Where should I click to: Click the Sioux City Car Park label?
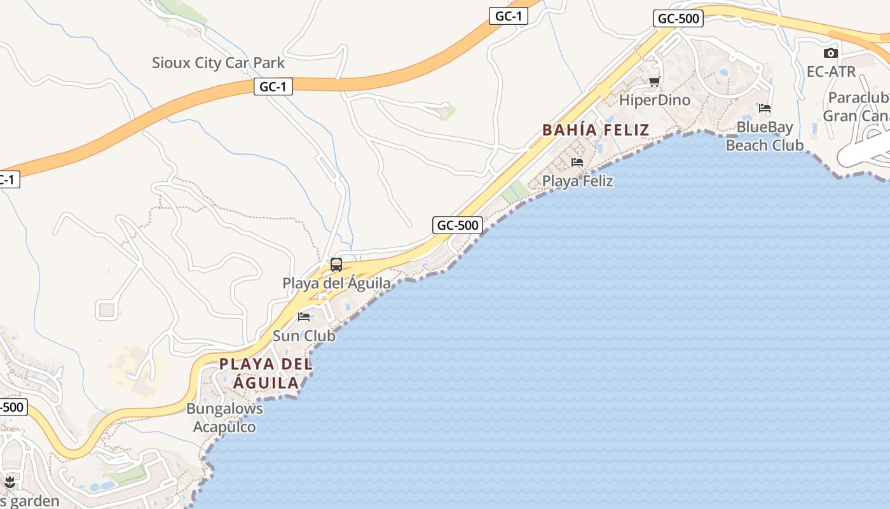tap(218, 63)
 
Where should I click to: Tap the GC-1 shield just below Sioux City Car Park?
tap(273, 87)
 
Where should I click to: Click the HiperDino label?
tap(654, 101)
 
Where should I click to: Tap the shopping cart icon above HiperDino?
tap(654, 81)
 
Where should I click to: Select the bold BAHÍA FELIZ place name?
tap(596, 130)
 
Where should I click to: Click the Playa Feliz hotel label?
tap(577, 181)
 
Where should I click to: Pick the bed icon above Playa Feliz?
tap(577, 162)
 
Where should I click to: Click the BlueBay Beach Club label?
tap(765, 136)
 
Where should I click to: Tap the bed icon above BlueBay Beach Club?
tap(765, 108)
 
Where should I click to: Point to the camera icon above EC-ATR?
tap(831, 53)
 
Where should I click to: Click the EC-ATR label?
tap(831, 72)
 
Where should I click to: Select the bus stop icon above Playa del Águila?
tap(336, 264)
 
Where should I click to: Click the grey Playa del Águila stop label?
tap(336, 283)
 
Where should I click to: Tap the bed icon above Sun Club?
tap(304, 316)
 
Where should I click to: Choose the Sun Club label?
tap(304, 335)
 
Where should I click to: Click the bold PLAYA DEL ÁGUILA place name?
tap(266, 373)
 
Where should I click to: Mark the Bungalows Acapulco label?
tap(224, 417)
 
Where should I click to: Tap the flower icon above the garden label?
tap(10, 482)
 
